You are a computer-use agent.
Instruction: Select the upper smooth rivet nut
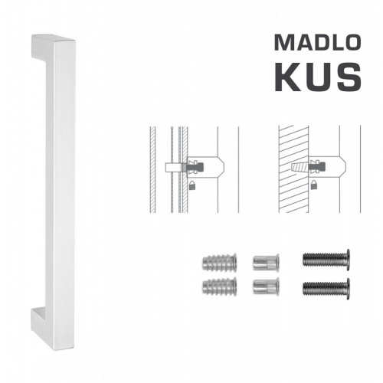[263, 261]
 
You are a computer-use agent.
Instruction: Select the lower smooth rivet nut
[263, 287]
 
